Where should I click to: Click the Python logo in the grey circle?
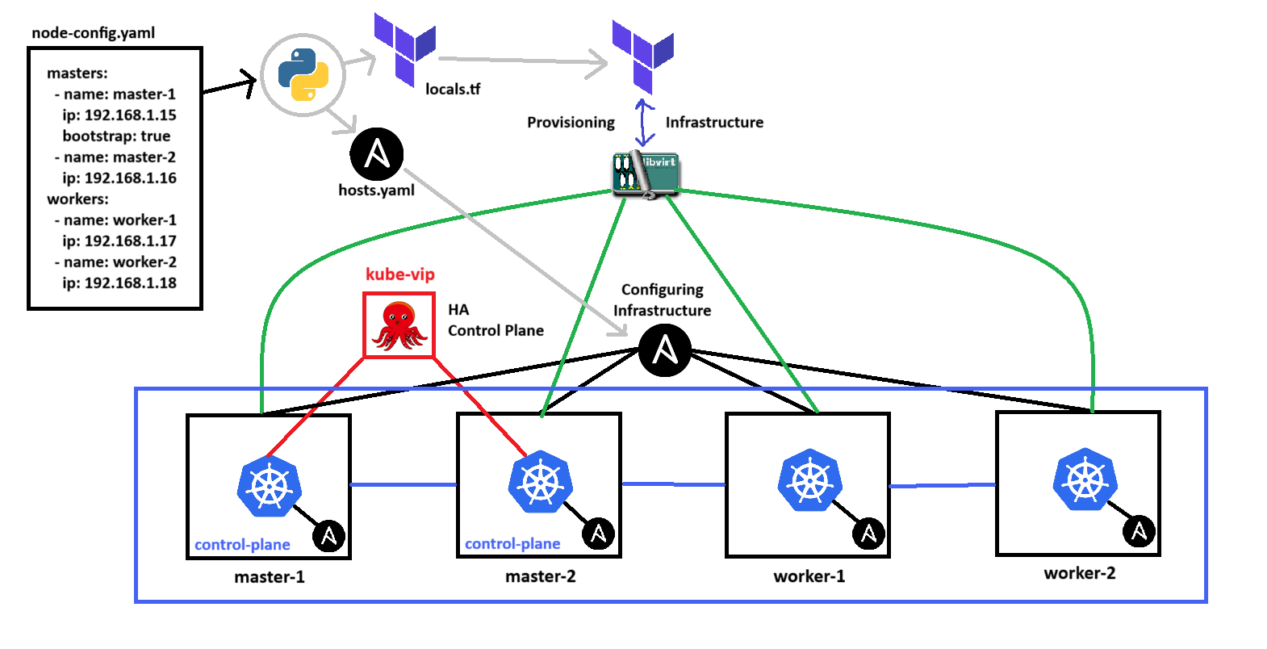(303, 74)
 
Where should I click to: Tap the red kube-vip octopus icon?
(399, 325)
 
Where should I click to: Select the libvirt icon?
(646, 174)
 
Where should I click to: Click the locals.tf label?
(453, 89)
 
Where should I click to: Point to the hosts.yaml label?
(376, 190)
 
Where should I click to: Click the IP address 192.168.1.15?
(130, 115)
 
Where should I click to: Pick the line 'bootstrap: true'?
(116, 136)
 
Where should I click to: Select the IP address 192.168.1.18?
(130, 283)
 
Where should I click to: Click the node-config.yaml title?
(93, 33)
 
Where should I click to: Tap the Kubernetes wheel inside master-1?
(269, 486)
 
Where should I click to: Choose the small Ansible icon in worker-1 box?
(868, 534)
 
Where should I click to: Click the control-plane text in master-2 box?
(512, 543)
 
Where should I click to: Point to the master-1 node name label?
(270, 577)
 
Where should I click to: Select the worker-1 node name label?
(809, 576)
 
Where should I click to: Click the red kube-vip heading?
(399, 274)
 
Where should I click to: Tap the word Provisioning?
(571, 122)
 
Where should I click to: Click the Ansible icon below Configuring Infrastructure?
(664, 350)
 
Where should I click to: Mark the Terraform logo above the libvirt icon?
(643, 57)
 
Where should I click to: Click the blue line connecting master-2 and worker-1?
(673, 484)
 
